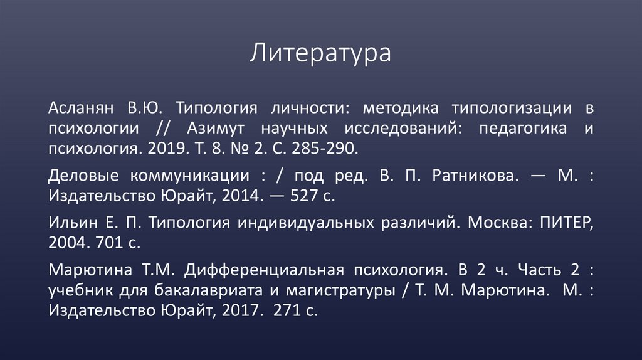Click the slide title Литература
320,53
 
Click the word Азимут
214,129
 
